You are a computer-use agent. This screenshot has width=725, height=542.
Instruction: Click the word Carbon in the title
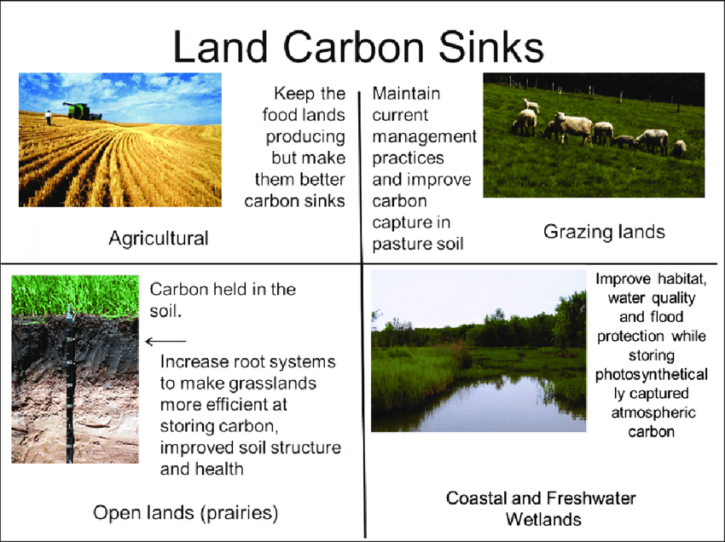[x=354, y=48]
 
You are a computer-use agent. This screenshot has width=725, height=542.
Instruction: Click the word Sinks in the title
[x=491, y=48]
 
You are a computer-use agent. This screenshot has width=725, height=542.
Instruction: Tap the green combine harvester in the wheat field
[x=82, y=112]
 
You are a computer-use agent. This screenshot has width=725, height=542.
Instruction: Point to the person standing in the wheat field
[x=48, y=118]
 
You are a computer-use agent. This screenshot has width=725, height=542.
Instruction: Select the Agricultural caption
[x=159, y=239]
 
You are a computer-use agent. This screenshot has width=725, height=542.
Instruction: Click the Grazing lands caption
[x=604, y=232]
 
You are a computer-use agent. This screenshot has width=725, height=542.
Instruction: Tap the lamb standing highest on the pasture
[x=531, y=105]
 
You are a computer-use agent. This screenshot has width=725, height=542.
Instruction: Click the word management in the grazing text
[x=424, y=137]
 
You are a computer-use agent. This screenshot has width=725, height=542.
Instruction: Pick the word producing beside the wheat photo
[x=305, y=137]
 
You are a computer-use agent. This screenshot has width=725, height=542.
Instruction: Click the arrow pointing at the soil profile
[x=165, y=342]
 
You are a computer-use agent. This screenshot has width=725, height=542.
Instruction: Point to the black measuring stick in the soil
[x=69, y=383]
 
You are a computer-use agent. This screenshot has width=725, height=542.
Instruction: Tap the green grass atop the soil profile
[x=75, y=296]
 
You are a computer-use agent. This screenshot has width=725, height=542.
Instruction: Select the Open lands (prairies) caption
[x=185, y=513]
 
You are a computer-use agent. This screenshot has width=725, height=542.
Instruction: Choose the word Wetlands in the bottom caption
[x=543, y=519]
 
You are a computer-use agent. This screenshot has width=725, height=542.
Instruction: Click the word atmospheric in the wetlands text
[x=653, y=412]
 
